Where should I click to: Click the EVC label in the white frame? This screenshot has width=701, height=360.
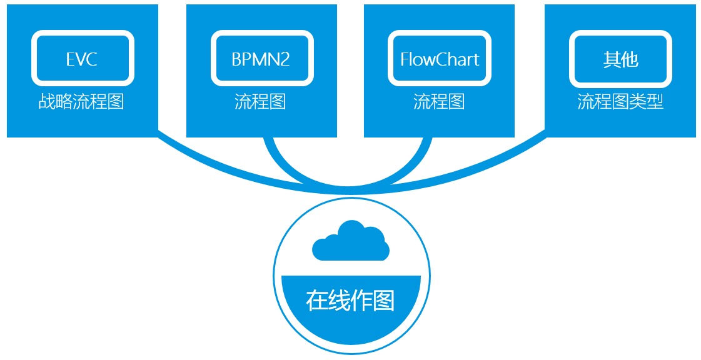pos(82,59)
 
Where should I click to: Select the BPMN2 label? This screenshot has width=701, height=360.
pos(261,59)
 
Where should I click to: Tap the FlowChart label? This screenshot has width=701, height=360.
pos(440,59)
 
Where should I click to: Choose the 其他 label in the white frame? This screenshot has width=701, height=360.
pos(620,59)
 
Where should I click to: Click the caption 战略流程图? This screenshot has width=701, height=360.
pos(81,101)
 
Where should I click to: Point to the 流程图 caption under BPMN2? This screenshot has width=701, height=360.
pos(261,101)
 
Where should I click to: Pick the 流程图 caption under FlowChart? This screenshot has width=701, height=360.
pos(439,101)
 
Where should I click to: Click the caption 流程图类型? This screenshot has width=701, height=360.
pos(620,101)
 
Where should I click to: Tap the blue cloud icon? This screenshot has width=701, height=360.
pos(350,242)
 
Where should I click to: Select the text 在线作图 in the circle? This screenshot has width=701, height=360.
pos(350,301)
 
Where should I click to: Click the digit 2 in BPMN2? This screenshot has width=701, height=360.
pos(286,59)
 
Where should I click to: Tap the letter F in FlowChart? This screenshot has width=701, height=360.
pos(405,59)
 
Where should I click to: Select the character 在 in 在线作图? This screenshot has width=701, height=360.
pos(316,301)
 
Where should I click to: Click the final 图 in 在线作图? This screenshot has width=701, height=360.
pos(384,301)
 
